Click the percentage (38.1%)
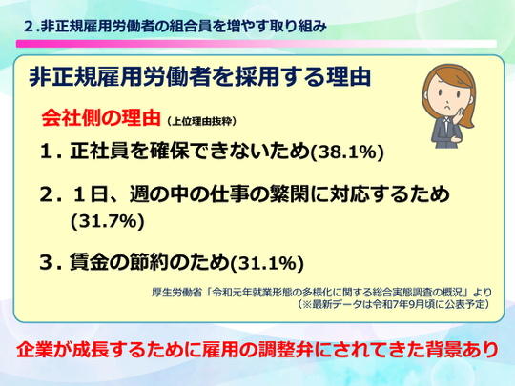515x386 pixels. (x=347, y=152)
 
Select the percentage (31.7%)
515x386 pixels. (x=108, y=221)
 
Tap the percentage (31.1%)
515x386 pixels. (x=267, y=263)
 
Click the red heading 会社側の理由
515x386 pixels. (x=101, y=118)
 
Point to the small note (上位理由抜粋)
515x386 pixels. (x=201, y=122)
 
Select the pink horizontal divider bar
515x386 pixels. (x=257, y=44)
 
